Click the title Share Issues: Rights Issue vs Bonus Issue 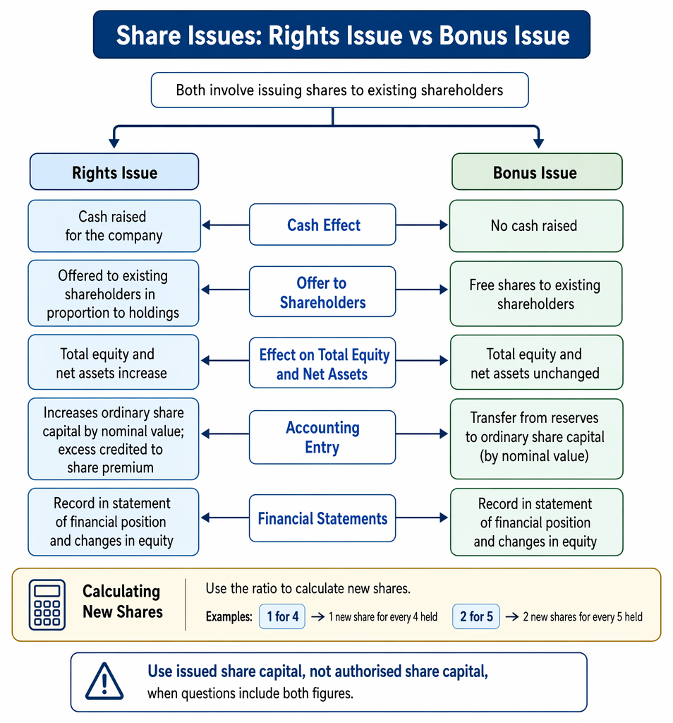pos(343,35)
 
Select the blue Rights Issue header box pos(114,172)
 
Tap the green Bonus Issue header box pos(537,172)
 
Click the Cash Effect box pos(322,225)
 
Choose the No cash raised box pos(536,226)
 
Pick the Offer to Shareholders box pos(322,292)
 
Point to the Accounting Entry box pos(322,437)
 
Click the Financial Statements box pos(322,518)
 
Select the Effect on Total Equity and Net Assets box pos(322,363)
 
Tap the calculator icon pos(47,604)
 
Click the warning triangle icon pos(104,681)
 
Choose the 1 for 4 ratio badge pos(282,616)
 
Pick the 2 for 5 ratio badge pos(476,616)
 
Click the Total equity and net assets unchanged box pos(537,362)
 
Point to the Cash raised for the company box pos(114,226)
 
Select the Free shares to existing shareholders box pos(536,294)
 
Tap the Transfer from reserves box pos(537,439)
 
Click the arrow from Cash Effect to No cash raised pos(422,225)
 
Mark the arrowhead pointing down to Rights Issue pos(114,143)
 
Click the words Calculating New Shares pos(123,602)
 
